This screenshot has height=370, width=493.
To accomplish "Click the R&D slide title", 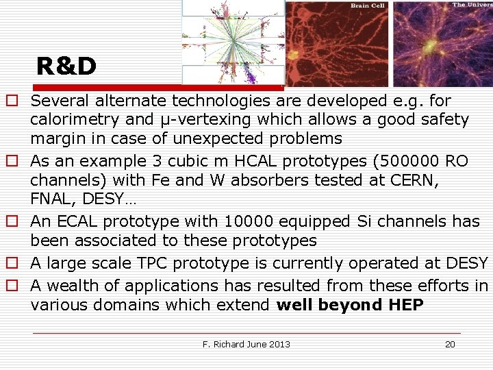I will pos(66,66).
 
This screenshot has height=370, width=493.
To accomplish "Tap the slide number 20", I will pos(450,344).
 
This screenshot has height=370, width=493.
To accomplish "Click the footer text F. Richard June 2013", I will pos(246,344).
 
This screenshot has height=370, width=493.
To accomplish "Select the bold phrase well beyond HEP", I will pos(350,305).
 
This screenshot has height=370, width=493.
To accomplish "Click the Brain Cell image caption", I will pos(368,5).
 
